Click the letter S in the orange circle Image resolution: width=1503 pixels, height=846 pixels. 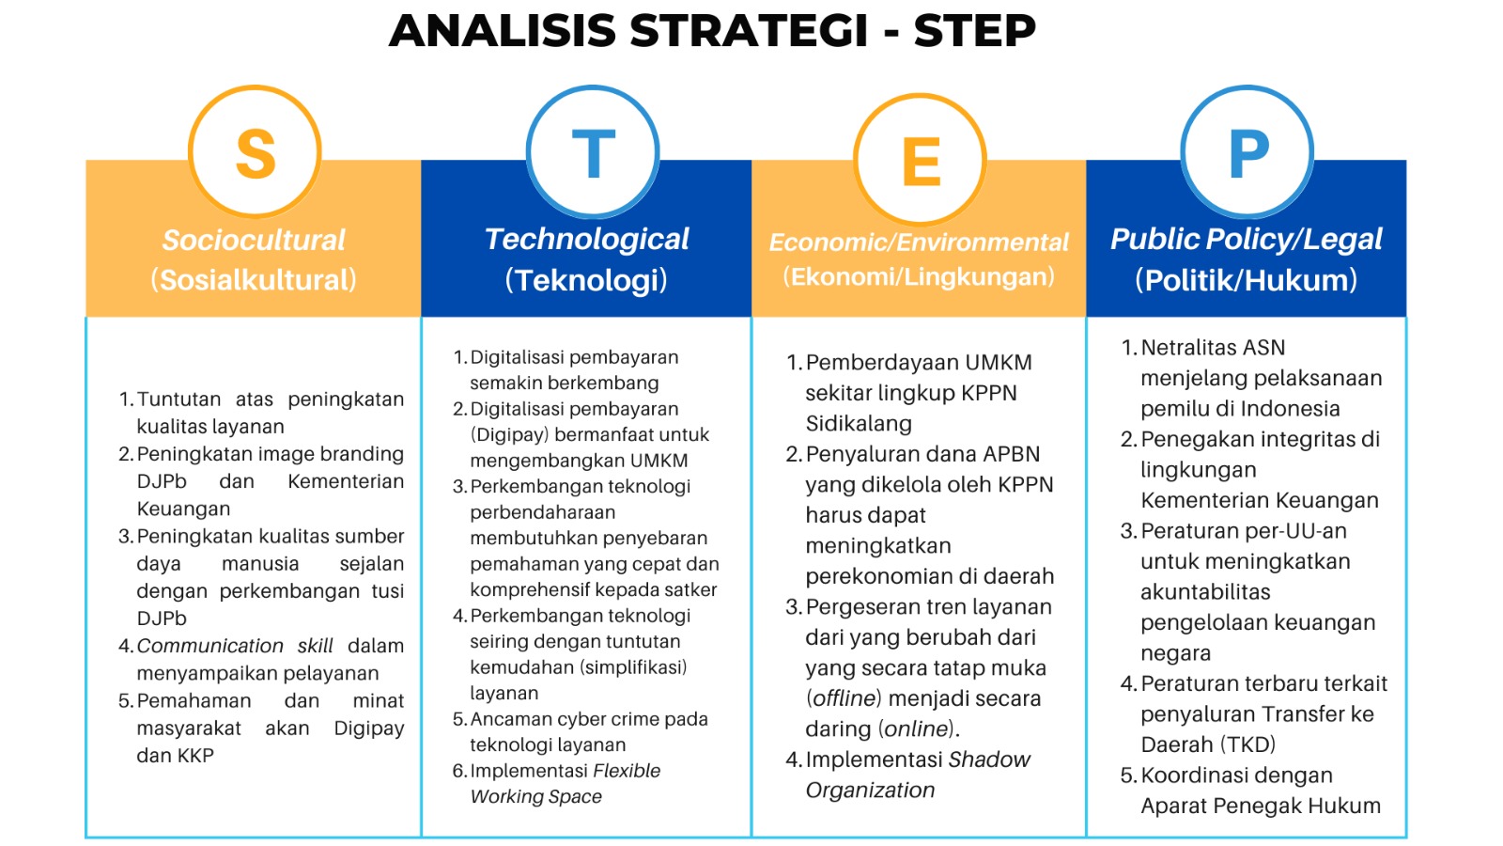click(256, 154)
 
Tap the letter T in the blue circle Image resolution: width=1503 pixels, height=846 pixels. click(593, 153)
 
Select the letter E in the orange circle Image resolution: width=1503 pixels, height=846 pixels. click(922, 161)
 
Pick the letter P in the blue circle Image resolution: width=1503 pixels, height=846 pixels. click(1248, 153)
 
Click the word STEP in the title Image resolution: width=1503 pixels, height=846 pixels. click(975, 30)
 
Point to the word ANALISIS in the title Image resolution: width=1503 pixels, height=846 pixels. click(503, 30)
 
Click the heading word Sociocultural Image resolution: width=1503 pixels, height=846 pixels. click(254, 240)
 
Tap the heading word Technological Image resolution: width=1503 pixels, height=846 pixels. click(586, 240)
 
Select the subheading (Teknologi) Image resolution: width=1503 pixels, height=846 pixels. click(586, 280)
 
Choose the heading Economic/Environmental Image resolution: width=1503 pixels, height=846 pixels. click(919, 243)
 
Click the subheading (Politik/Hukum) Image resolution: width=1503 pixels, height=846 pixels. click(1246, 280)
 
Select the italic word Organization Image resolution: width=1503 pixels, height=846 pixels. click(870, 791)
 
